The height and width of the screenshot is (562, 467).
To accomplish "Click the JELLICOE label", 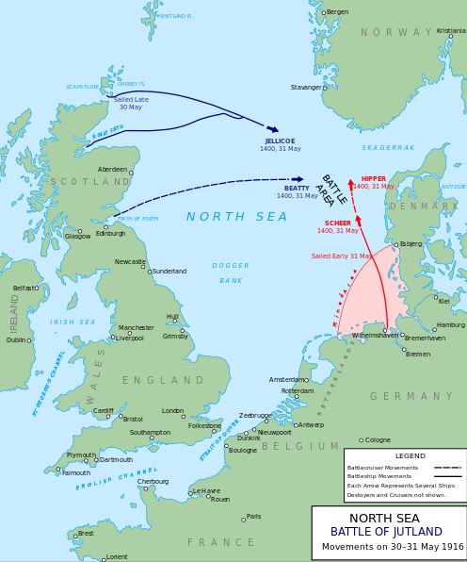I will pos(280,140).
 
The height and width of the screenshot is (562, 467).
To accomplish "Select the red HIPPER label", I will pos(374,178).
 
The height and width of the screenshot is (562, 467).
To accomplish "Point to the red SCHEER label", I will pos(337,223).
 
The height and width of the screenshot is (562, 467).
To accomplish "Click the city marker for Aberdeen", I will pos(130,173).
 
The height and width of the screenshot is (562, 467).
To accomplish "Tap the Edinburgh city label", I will pos(110,235).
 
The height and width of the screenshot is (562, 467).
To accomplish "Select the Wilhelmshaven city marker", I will pos(385,330).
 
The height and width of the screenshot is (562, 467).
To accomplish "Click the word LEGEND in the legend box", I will pos(410,455).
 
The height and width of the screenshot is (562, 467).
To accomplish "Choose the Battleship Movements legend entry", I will pos(380,476).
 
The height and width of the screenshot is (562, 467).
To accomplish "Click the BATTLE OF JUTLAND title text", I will pos(385,532).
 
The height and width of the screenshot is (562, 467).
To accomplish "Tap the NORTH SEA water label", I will pos(236,217).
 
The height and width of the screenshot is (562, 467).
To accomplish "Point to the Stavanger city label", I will pos(306,87).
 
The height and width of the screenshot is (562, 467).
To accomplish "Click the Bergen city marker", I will pos(323,12).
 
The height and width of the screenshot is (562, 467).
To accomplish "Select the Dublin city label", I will pos(16,340).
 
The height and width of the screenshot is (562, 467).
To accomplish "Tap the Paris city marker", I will pos(243,518).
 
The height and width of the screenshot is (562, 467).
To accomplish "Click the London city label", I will pos(172,411).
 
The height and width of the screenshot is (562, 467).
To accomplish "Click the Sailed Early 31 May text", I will pos(341,256).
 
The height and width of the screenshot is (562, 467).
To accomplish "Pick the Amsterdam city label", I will pos(287,379).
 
